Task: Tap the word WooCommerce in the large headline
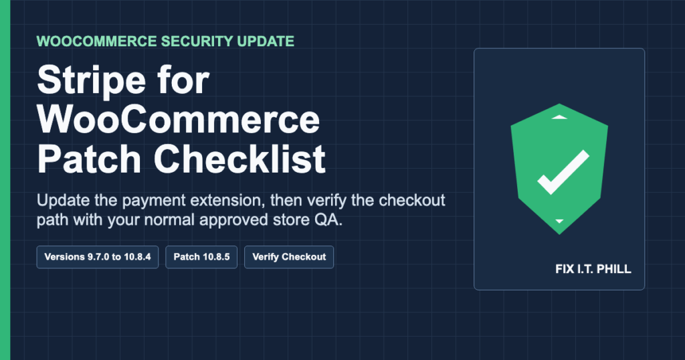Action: [179, 120]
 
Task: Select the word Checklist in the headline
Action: [239, 159]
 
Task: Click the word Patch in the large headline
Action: [89, 159]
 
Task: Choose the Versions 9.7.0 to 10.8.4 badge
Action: [98, 257]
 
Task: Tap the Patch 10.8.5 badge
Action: [201, 257]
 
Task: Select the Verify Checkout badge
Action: [289, 257]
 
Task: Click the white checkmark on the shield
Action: [563, 172]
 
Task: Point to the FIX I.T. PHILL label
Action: [593, 269]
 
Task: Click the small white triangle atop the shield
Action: [559, 117]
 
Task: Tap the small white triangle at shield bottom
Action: [559, 221]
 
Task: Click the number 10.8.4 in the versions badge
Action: [137, 257]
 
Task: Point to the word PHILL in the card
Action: [614, 269]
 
